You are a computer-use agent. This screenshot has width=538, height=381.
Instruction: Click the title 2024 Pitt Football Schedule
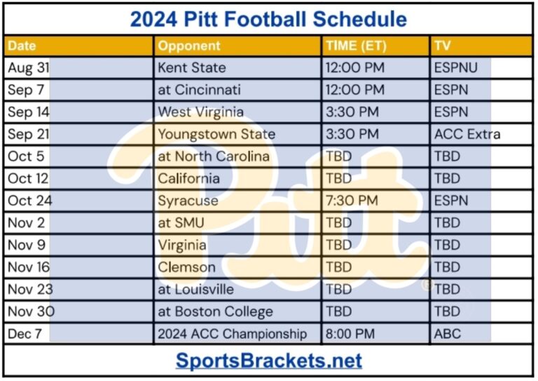268,19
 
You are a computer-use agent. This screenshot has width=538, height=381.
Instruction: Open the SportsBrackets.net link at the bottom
268,361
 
